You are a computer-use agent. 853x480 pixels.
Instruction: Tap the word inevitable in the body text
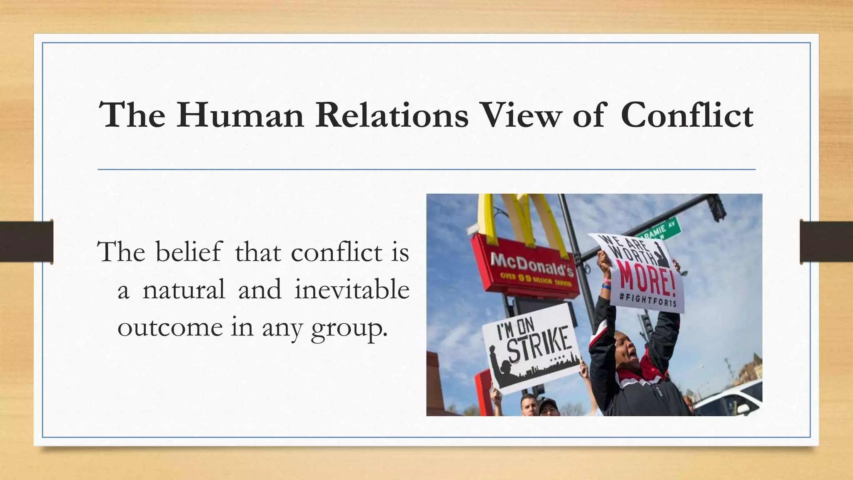(x=352, y=290)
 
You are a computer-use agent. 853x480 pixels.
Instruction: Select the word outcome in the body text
(x=170, y=327)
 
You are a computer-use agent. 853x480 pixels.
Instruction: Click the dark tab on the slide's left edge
(x=26, y=242)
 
